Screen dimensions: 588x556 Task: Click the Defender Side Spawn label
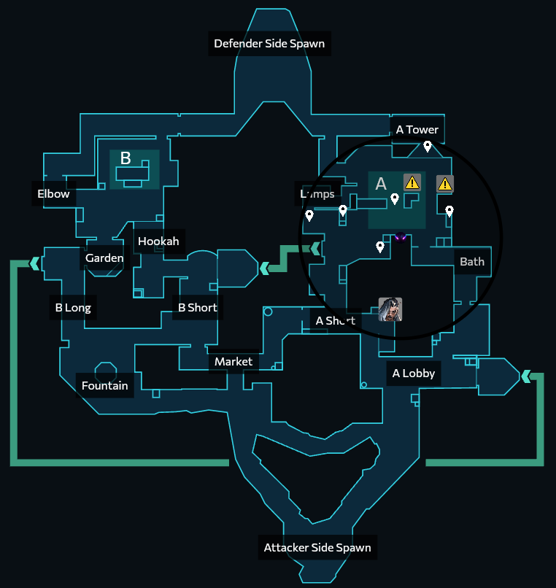pos(269,44)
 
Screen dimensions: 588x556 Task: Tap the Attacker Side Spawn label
pos(317,548)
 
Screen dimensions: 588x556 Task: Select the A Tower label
pos(417,130)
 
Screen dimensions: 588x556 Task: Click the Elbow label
pos(54,194)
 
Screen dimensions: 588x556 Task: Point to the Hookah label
pos(158,241)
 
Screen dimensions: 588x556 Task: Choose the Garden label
pos(104,258)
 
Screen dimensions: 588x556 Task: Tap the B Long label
pos(73,308)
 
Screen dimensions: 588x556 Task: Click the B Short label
pos(198,308)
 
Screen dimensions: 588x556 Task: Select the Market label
pos(233,362)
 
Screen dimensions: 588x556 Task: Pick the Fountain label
pos(105,386)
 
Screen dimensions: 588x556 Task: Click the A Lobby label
pos(414,374)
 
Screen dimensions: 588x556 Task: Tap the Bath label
pos(472,262)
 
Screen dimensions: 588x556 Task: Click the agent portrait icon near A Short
pos(390,309)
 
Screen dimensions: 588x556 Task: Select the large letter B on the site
pos(126,158)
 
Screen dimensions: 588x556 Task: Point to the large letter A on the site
pos(381,184)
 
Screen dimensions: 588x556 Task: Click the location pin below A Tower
pos(428,147)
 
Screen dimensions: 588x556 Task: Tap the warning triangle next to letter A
pos(412,182)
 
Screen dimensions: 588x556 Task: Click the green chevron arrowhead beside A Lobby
pos(525,376)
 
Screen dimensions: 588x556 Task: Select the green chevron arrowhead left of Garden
pos(34,263)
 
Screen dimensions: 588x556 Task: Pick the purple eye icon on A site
pos(400,236)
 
